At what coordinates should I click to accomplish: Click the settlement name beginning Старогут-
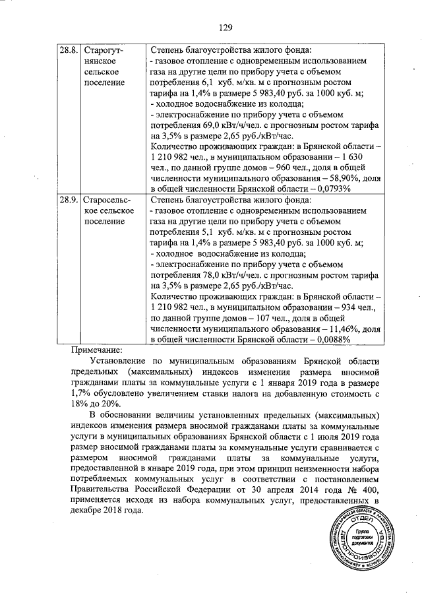[108, 50]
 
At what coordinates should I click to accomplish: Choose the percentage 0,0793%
[330, 189]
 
